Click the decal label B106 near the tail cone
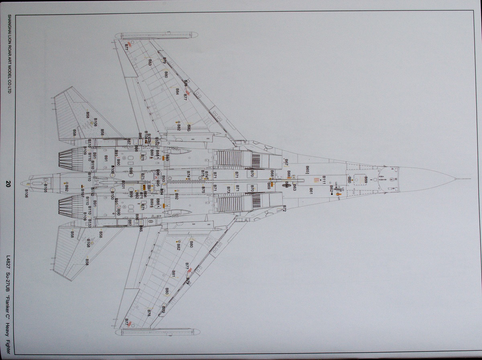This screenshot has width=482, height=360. tap(27, 193)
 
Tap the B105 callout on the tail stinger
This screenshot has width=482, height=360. tap(45, 188)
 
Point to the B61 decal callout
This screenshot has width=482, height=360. tap(310, 191)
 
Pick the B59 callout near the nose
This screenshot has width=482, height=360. tap(366, 179)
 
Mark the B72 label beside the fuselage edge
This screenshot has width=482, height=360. tap(284, 208)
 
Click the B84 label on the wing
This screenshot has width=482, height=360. tap(177, 92)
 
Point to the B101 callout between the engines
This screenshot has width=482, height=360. tap(123, 185)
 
